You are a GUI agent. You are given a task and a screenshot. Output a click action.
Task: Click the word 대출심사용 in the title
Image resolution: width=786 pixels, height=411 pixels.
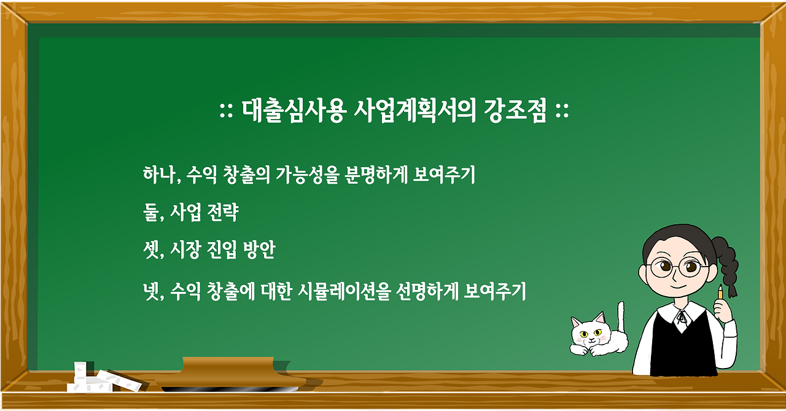(x=294, y=111)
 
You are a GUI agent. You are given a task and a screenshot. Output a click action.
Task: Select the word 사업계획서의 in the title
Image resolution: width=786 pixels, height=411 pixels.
(x=414, y=111)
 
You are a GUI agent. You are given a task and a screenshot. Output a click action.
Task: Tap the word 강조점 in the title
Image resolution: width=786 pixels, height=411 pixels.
(x=515, y=111)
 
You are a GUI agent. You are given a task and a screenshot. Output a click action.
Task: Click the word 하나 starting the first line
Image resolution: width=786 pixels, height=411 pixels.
(x=159, y=174)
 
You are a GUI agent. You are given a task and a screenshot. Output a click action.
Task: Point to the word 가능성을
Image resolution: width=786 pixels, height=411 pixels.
(x=307, y=174)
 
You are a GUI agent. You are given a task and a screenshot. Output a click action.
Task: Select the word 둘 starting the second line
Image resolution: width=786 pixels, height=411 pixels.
(x=150, y=212)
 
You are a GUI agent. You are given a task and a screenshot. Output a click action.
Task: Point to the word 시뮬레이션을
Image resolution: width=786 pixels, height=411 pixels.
(x=343, y=291)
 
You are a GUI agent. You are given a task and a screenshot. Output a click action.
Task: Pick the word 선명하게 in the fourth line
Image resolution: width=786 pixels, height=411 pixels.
(x=426, y=291)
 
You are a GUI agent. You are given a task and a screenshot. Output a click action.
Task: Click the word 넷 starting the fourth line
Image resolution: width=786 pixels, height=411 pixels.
(x=151, y=291)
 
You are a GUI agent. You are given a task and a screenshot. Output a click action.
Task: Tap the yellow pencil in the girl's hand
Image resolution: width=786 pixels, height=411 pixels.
(x=720, y=292)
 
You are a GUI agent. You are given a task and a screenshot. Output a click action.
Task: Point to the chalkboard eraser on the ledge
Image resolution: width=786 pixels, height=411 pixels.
(x=230, y=374)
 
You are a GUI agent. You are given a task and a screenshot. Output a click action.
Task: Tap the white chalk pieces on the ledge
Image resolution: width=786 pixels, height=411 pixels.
(x=104, y=379)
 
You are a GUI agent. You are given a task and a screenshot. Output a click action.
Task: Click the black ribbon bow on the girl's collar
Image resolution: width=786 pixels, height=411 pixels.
(x=682, y=317)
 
